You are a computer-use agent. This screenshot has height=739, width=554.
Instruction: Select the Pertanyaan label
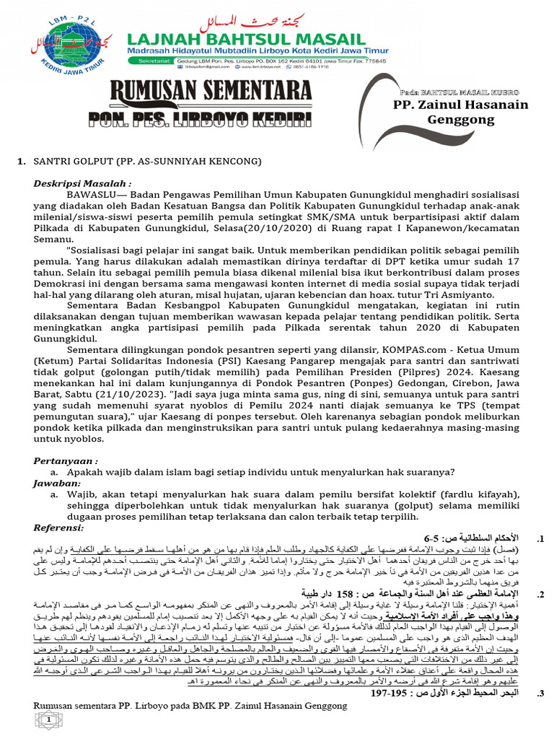tap(66, 460)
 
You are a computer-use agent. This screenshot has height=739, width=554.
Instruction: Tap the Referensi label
tap(61, 528)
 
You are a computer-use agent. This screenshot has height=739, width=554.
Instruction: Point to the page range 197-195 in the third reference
tap(387, 694)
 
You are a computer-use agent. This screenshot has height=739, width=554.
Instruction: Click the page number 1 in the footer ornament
tap(49, 720)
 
